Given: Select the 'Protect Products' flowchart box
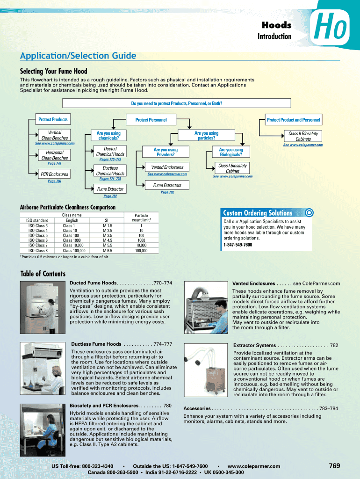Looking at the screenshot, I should click(53, 120).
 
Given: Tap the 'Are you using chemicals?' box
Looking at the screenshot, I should click(108, 136).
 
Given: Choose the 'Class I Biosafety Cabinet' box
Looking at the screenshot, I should click(232, 168).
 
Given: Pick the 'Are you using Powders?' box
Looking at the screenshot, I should click(166, 152).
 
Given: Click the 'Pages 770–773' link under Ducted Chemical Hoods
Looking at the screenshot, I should click(110, 160).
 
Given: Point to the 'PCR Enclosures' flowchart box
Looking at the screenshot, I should click(55, 174).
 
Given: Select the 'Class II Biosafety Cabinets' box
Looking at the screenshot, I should click(303, 137).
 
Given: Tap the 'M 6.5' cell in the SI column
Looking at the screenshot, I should click(108, 251).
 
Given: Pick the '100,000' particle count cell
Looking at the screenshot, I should click(141, 251).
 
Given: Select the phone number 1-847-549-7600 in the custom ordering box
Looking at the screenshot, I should click(238, 245).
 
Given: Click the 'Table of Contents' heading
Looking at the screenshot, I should click(43, 274).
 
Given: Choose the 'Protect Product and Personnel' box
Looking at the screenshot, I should click(294, 120).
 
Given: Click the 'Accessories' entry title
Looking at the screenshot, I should click(197, 408).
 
